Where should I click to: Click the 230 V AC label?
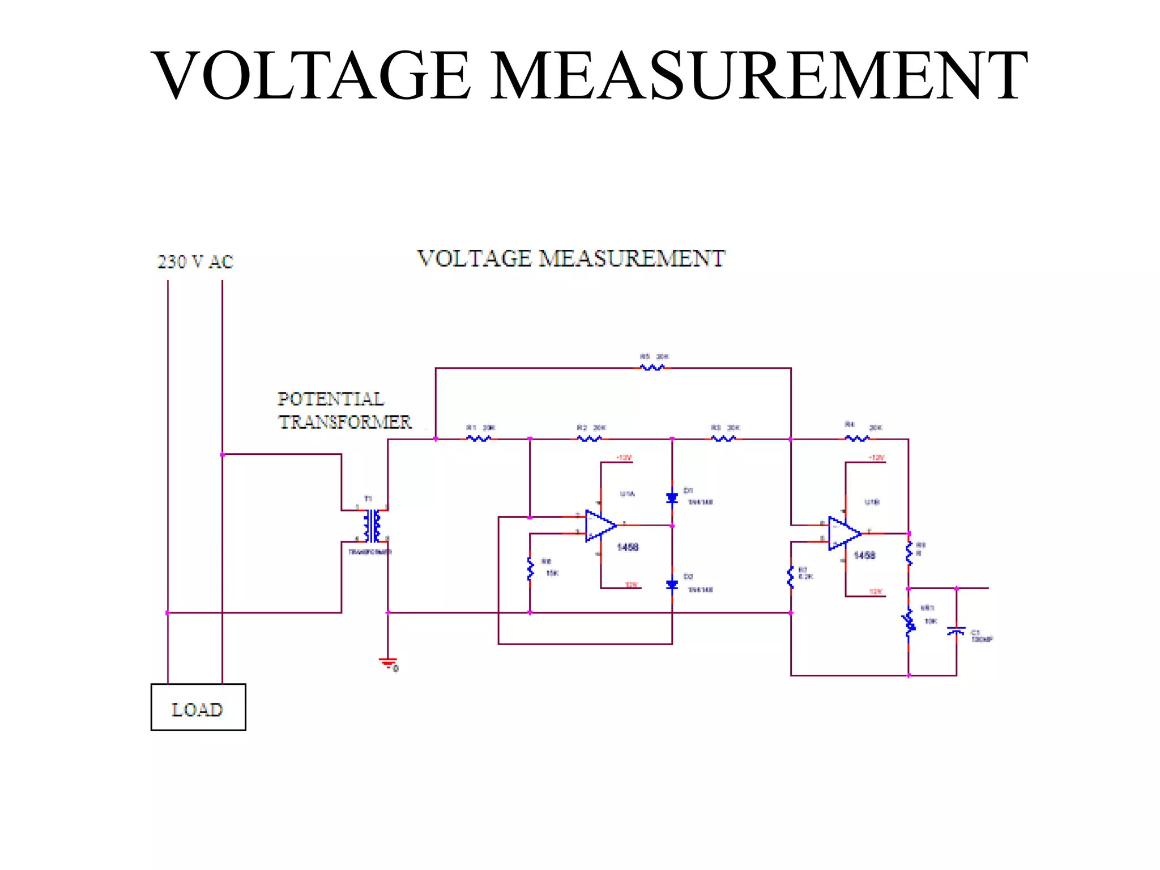click(x=195, y=262)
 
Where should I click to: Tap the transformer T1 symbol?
click(x=372, y=526)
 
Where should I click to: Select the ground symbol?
click(x=388, y=663)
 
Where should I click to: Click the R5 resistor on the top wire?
click(x=652, y=368)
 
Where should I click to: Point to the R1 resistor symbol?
click(x=479, y=438)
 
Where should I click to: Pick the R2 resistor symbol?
click(x=589, y=438)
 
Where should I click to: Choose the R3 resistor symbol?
click(x=723, y=438)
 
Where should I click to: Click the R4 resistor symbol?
click(x=857, y=438)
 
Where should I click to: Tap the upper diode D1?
click(x=672, y=498)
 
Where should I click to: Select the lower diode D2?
click(x=672, y=585)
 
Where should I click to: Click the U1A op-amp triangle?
click(x=600, y=526)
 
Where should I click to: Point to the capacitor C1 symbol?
click(x=956, y=631)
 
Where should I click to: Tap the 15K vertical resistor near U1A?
click(x=530, y=569)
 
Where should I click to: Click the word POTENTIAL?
click(x=331, y=399)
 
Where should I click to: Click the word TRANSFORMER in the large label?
click(x=345, y=422)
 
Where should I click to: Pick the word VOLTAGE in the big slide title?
click(x=310, y=75)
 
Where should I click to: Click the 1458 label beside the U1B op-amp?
click(x=864, y=556)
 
